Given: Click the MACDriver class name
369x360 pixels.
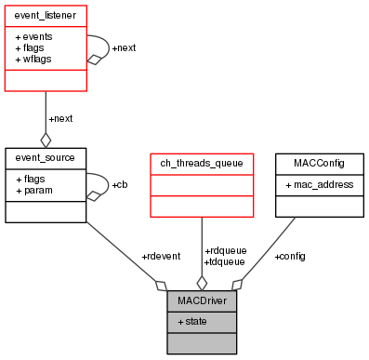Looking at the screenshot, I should [202, 301].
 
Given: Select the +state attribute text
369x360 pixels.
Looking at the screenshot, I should [192, 321].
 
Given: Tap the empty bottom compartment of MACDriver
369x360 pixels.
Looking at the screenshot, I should [202, 342].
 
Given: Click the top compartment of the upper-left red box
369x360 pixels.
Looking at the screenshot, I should [46, 16].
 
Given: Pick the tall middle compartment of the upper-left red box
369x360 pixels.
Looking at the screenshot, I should [46, 47].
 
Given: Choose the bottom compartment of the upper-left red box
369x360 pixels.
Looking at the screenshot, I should [46, 80].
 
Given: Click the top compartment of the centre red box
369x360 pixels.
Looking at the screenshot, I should [202, 164].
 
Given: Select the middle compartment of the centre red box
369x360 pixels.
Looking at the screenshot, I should [202, 185].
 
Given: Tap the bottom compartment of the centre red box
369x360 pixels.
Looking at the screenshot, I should [202, 206].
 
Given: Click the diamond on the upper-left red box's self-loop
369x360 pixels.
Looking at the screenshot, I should [93, 60].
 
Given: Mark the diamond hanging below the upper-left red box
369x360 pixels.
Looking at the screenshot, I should [46, 140].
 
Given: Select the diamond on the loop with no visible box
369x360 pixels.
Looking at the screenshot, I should [93, 195].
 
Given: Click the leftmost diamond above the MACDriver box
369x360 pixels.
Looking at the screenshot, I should [162, 285].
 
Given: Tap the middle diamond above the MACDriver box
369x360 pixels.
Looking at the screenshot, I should [202, 283].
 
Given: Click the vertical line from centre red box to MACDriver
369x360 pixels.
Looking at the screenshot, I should [202, 247].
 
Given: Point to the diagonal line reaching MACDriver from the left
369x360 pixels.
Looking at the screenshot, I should [121, 251].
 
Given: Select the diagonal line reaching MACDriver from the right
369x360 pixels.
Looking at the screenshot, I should [270, 249].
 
